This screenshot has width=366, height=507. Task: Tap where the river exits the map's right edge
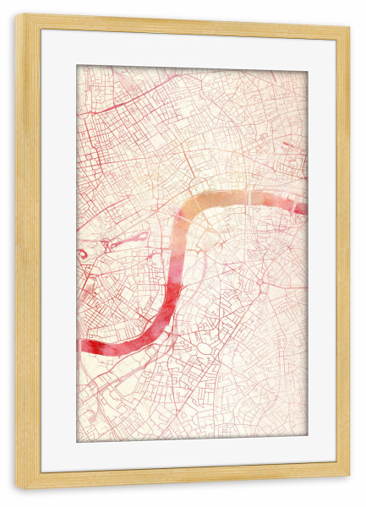tap(304, 208)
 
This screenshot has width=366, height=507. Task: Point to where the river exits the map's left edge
tap(80, 346)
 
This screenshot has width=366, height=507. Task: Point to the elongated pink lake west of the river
tap(127, 242)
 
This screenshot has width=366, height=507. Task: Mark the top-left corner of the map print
tap(78, 66)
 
